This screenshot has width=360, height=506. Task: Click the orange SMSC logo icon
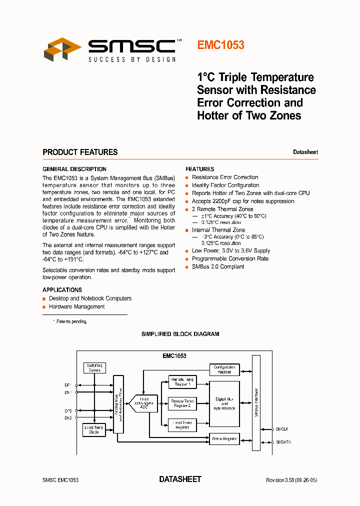tap(63, 49)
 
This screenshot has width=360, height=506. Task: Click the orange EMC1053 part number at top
tap(220, 45)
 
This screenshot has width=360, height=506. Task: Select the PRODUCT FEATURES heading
tap(80, 152)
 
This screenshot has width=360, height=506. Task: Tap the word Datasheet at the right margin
tap(305, 152)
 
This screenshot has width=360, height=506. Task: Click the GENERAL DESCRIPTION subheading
tap(74, 169)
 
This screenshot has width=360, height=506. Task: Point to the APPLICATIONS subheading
tap(62, 290)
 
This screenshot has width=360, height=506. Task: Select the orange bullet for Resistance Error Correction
tap(187, 177)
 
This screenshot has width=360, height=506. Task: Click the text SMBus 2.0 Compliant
tap(218, 266)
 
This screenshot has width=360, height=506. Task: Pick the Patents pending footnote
tap(71, 321)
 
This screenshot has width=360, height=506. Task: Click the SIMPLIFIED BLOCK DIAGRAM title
tap(180, 334)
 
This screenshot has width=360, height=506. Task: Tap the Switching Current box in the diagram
tap(94, 367)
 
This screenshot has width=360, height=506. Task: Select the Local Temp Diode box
tap(94, 429)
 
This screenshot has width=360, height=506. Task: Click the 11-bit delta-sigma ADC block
tap(143, 402)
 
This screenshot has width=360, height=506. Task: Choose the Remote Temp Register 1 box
tap(181, 381)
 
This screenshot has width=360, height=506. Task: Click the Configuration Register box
tap(224, 369)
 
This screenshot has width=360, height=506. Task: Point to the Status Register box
tap(224, 438)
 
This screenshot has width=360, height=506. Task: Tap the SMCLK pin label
tap(282, 429)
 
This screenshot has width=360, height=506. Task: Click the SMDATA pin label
tap(283, 442)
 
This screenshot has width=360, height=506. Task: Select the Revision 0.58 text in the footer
tap(291, 480)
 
